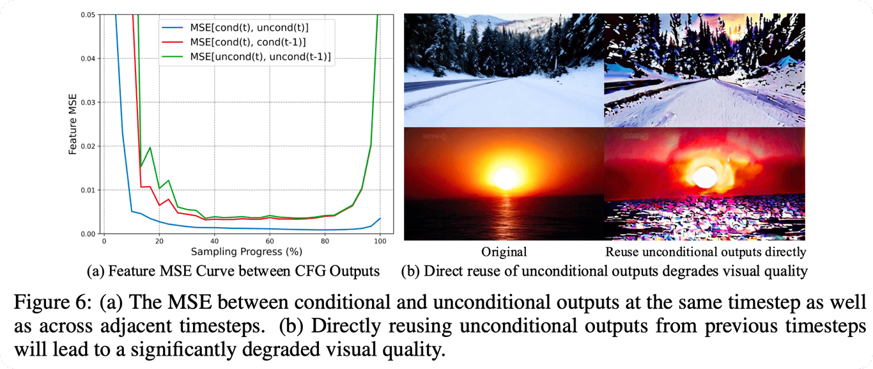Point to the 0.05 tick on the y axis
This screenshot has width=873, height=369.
(88, 15)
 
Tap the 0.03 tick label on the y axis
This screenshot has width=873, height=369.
(88, 102)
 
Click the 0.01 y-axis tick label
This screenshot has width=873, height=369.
(88, 190)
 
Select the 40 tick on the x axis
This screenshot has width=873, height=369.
(214, 241)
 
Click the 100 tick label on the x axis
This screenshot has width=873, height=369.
(380, 241)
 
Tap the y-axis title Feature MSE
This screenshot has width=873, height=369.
(72, 124)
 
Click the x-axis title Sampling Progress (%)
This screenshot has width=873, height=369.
(246, 251)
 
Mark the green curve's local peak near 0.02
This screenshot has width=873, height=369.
(150, 148)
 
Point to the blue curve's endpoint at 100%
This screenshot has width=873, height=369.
(380, 218)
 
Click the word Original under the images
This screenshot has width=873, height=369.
(504, 251)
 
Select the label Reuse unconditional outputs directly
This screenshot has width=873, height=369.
(706, 252)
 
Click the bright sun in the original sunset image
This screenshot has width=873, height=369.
(506, 178)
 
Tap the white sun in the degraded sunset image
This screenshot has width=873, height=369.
(706, 177)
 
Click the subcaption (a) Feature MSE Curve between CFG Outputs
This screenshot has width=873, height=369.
(233, 271)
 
